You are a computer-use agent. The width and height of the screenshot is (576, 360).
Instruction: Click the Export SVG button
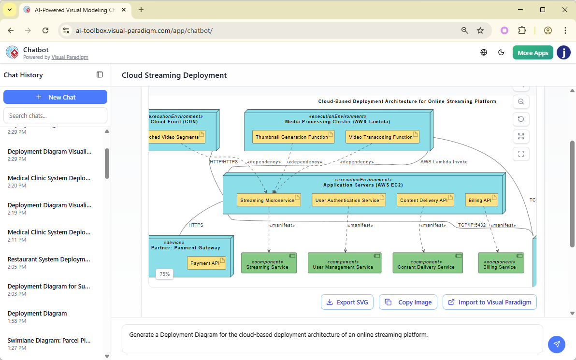[347, 302]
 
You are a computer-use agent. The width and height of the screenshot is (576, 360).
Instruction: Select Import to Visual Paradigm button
[490, 302]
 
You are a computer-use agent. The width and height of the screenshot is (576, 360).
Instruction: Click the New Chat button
[55, 97]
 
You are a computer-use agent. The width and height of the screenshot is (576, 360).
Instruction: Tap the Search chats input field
[55, 115]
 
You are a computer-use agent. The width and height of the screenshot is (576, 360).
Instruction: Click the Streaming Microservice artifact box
[269, 200]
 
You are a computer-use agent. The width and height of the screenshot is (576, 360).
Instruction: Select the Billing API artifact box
[481, 200]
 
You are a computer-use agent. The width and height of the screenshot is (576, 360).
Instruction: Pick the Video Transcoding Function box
[382, 137]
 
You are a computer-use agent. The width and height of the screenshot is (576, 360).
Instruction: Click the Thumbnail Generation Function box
[293, 137]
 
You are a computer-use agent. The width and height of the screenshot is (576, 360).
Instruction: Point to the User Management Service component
[344, 263]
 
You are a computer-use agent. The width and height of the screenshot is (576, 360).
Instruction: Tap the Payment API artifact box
[206, 263]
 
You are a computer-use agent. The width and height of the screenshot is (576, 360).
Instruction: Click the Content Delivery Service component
[427, 263]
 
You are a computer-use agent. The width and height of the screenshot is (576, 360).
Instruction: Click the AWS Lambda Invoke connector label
[444, 162]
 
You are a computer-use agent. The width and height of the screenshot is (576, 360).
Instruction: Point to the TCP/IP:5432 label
[472, 225]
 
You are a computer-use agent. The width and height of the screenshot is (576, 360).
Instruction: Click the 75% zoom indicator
[165, 274]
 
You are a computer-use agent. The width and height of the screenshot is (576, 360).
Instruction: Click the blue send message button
[557, 344]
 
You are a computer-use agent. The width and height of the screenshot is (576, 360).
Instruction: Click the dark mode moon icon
[501, 53]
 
